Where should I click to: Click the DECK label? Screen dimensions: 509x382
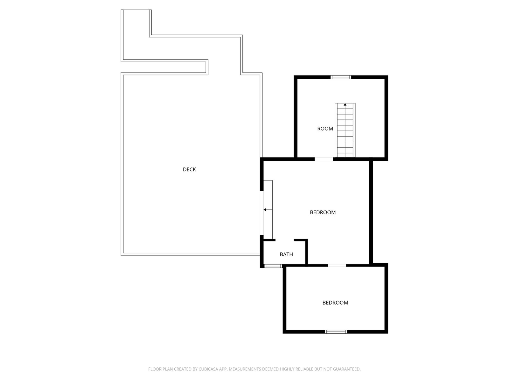point(189,170)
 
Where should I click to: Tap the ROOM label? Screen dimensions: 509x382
point(325,129)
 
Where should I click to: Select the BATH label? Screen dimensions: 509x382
point(286,254)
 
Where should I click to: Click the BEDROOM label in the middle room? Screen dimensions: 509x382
point(323,212)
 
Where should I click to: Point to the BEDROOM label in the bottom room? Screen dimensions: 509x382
point(335,303)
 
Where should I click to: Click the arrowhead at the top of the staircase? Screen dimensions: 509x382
point(345,105)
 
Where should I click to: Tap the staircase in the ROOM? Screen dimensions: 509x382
point(345,130)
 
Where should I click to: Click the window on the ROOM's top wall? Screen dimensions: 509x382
point(341,77)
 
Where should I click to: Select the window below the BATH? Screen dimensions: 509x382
point(273,266)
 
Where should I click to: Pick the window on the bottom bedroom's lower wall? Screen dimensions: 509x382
point(336,332)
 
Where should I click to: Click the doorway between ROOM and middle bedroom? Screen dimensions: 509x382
point(324,159)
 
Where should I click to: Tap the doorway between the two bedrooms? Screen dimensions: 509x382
point(337,265)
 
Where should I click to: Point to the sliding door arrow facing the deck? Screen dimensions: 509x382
point(268,210)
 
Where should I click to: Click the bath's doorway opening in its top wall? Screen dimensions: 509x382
point(284,240)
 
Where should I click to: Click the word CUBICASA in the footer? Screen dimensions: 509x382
point(208,369)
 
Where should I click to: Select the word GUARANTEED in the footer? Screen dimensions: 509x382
point(347,369)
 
